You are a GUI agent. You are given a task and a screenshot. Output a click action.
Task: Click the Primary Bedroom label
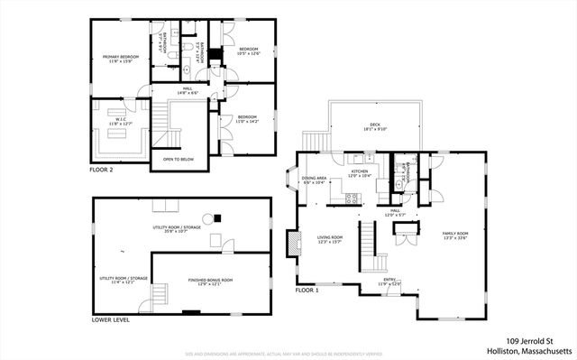(117, 58)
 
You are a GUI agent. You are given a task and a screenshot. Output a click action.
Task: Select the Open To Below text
(179, 160)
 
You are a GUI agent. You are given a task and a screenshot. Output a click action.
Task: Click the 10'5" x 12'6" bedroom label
(248, 51)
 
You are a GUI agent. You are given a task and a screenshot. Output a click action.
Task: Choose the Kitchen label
(359, 172)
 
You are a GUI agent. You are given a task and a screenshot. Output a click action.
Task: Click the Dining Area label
(314, 180)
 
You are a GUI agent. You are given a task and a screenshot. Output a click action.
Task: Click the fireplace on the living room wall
(290, 244)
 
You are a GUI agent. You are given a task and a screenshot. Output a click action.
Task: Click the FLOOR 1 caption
(308, 291)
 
